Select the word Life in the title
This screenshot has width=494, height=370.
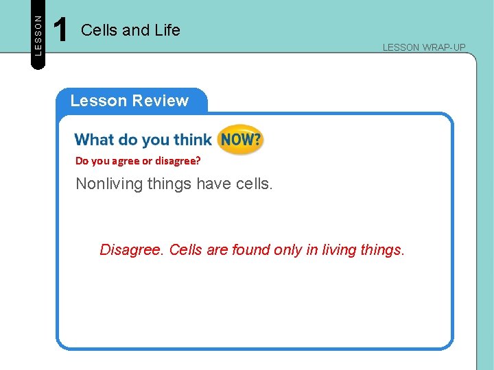tap(167, 30)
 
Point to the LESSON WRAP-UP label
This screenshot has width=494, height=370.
tap(424, 47)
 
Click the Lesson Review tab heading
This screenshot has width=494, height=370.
tap(129, 101)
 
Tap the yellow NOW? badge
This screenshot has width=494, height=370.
tap(240, 140)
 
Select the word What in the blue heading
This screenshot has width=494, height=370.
tap(95, 140)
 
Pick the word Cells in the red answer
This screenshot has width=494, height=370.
tap(186, 250)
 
